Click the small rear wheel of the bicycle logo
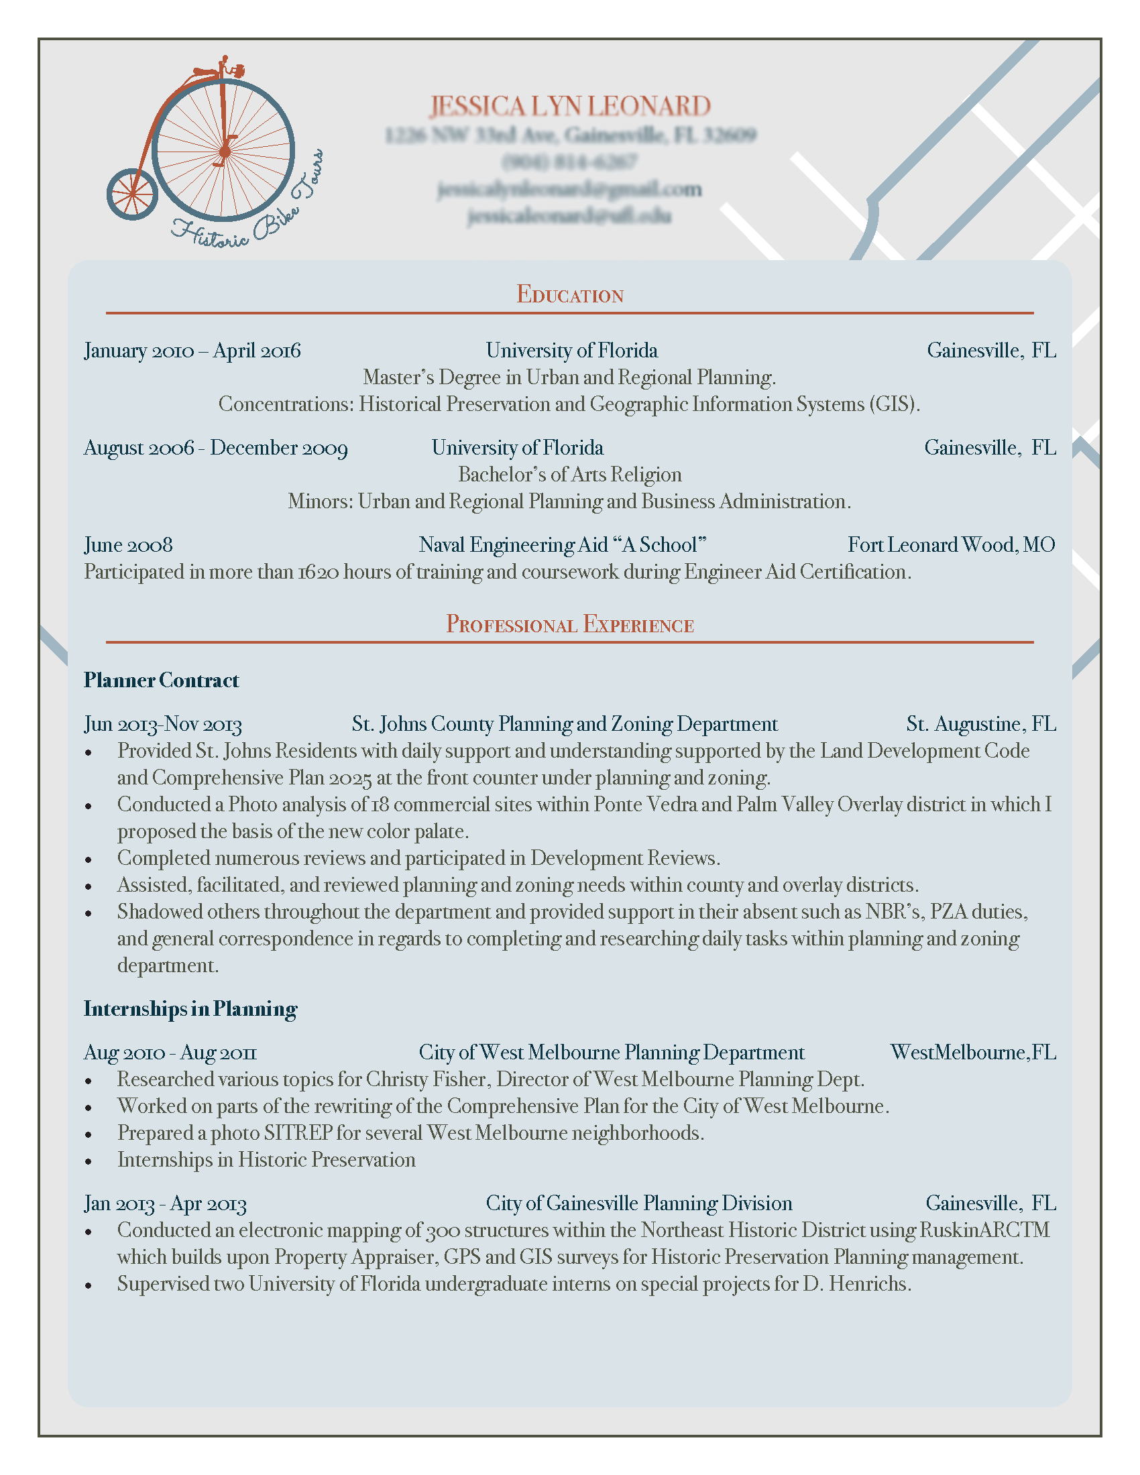tap(132, 194)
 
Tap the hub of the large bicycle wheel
tap(223, 152)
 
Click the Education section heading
tap(569, 294)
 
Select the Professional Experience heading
tap(569, 624)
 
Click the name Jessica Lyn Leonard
tap(569, 106)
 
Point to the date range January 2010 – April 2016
tap(192, 351)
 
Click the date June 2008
tap(128, 545)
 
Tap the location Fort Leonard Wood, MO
tap(951, 545)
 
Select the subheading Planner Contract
tap(162, 680)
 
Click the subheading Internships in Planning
tap(190, 1009)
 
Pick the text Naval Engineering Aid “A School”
tap(562, 545)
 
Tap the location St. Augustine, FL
tap(980, 724)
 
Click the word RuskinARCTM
tap(984, 1230)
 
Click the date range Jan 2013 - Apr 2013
tap(166, 1203)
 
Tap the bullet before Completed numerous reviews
tap(89, 860)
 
